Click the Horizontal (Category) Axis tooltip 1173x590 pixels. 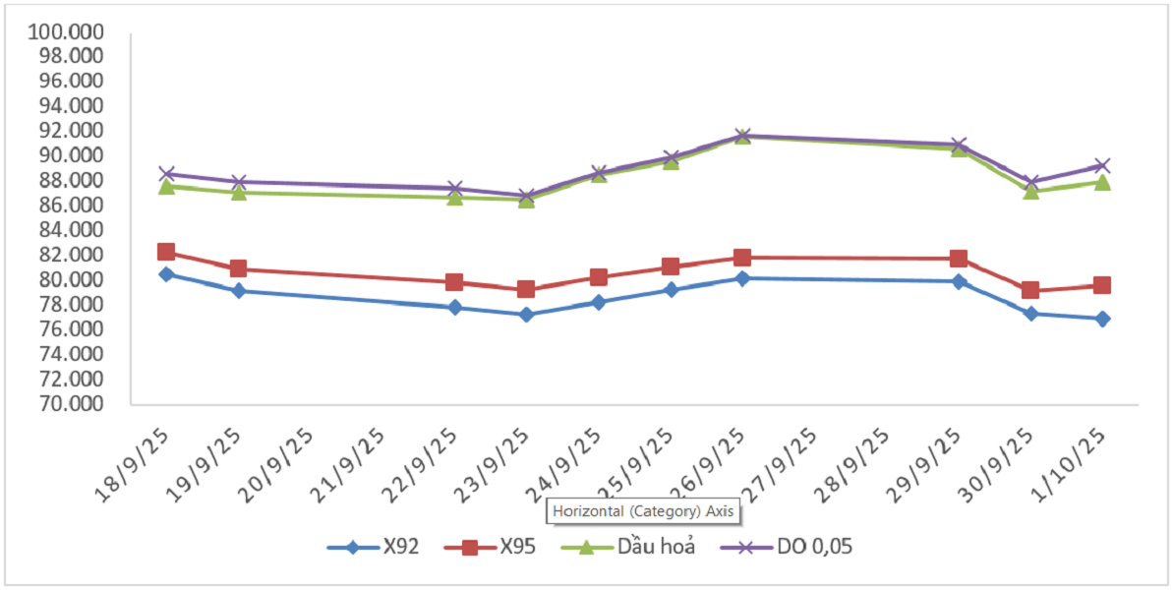(643, 511)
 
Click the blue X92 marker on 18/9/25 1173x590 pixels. (166, 274)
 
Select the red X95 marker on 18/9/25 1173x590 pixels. (166, 253)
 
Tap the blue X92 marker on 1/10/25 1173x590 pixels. (1102, 319)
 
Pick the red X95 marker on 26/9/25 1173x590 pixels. (742, 258)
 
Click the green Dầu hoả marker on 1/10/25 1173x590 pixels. (1102, 182)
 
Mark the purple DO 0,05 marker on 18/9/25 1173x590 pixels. (166, 174)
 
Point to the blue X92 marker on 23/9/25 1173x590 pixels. (526, 315)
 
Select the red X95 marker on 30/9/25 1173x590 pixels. (1029, 290)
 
